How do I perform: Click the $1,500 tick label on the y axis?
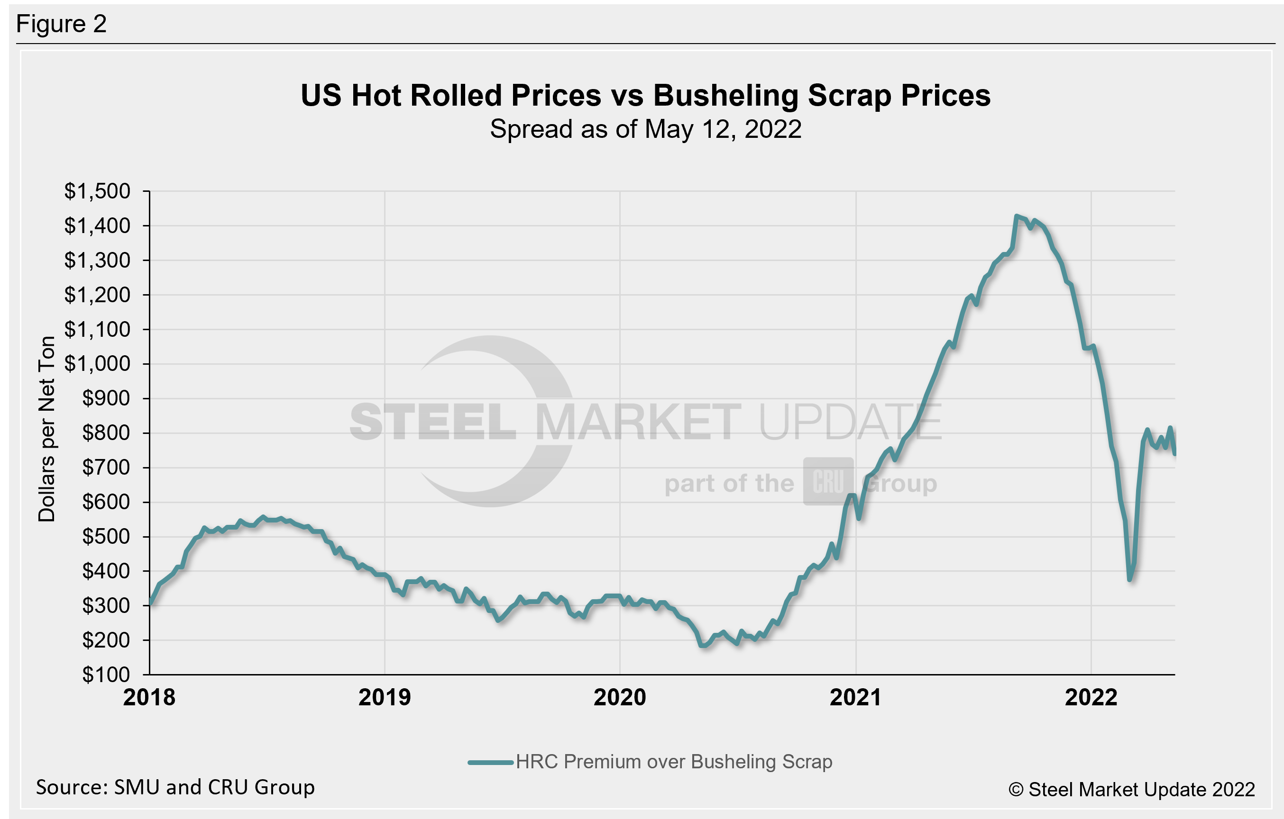pos(97,191)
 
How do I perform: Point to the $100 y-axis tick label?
pos(106,675)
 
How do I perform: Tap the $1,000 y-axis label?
pos(97,364)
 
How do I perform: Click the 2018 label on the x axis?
pos(149,698)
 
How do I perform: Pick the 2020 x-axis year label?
pos(620,698)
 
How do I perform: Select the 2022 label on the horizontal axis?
pos(1091,698)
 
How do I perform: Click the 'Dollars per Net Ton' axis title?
pos(47,429)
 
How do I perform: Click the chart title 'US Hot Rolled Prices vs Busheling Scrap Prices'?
pos(645,95)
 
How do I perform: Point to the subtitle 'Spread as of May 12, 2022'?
pos(645,129)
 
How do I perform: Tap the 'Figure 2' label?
pos(61,24)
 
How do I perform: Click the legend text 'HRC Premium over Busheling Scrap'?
pos(674,762)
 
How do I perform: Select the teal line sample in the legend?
pos(491,763)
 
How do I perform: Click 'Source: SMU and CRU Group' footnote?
pos(175,787)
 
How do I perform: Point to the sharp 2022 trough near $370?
pos(1130,579)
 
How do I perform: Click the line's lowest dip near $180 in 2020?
pos(703,645)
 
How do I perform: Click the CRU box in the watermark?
pos(828,482)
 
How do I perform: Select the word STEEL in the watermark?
pos(432,423)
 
